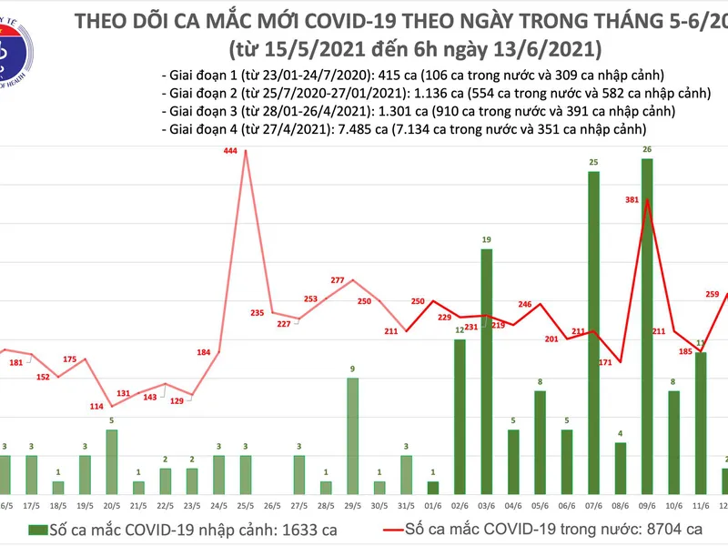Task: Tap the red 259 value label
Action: tap(713, 294)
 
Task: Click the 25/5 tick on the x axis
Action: tap(245, 506)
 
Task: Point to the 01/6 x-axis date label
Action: tap(433, 506)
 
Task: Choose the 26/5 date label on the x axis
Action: tap(271, 506)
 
